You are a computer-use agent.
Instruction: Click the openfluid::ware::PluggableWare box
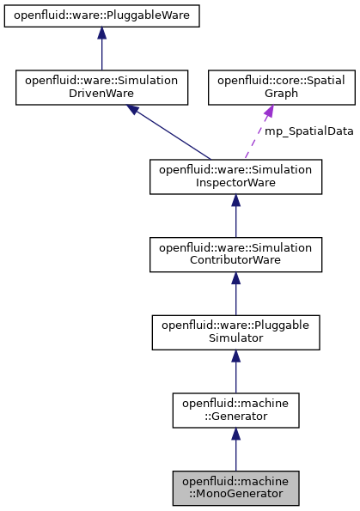pyautogui.click(x=101, y=15)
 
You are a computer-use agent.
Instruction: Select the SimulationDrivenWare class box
pyautogui.click(x=101, y=87)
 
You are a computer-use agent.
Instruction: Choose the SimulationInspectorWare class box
pyautogui.click(x=235, y=175)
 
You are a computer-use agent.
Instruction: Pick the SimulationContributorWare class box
pyautogui.click(x=235, y=255)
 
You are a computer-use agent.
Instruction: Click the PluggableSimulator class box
pyautogui.click(x=235, y=332)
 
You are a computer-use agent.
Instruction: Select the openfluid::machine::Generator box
pyautogui.click(x=235, y=410)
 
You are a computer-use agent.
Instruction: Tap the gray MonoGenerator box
pyautogui.click(x=235, y=487)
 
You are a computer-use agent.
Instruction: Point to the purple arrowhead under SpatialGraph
pyautogui.click(x=267, y=113)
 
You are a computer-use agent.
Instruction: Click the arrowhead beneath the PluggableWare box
pyautogui.click(x=101, y=33)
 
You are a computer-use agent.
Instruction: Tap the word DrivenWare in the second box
pyautogui.click(x=101, y=94)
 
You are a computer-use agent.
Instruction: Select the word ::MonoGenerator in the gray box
pyautogui.click(x=235, y=494)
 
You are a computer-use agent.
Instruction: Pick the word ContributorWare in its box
pyautogui.click(x=235, y=262)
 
